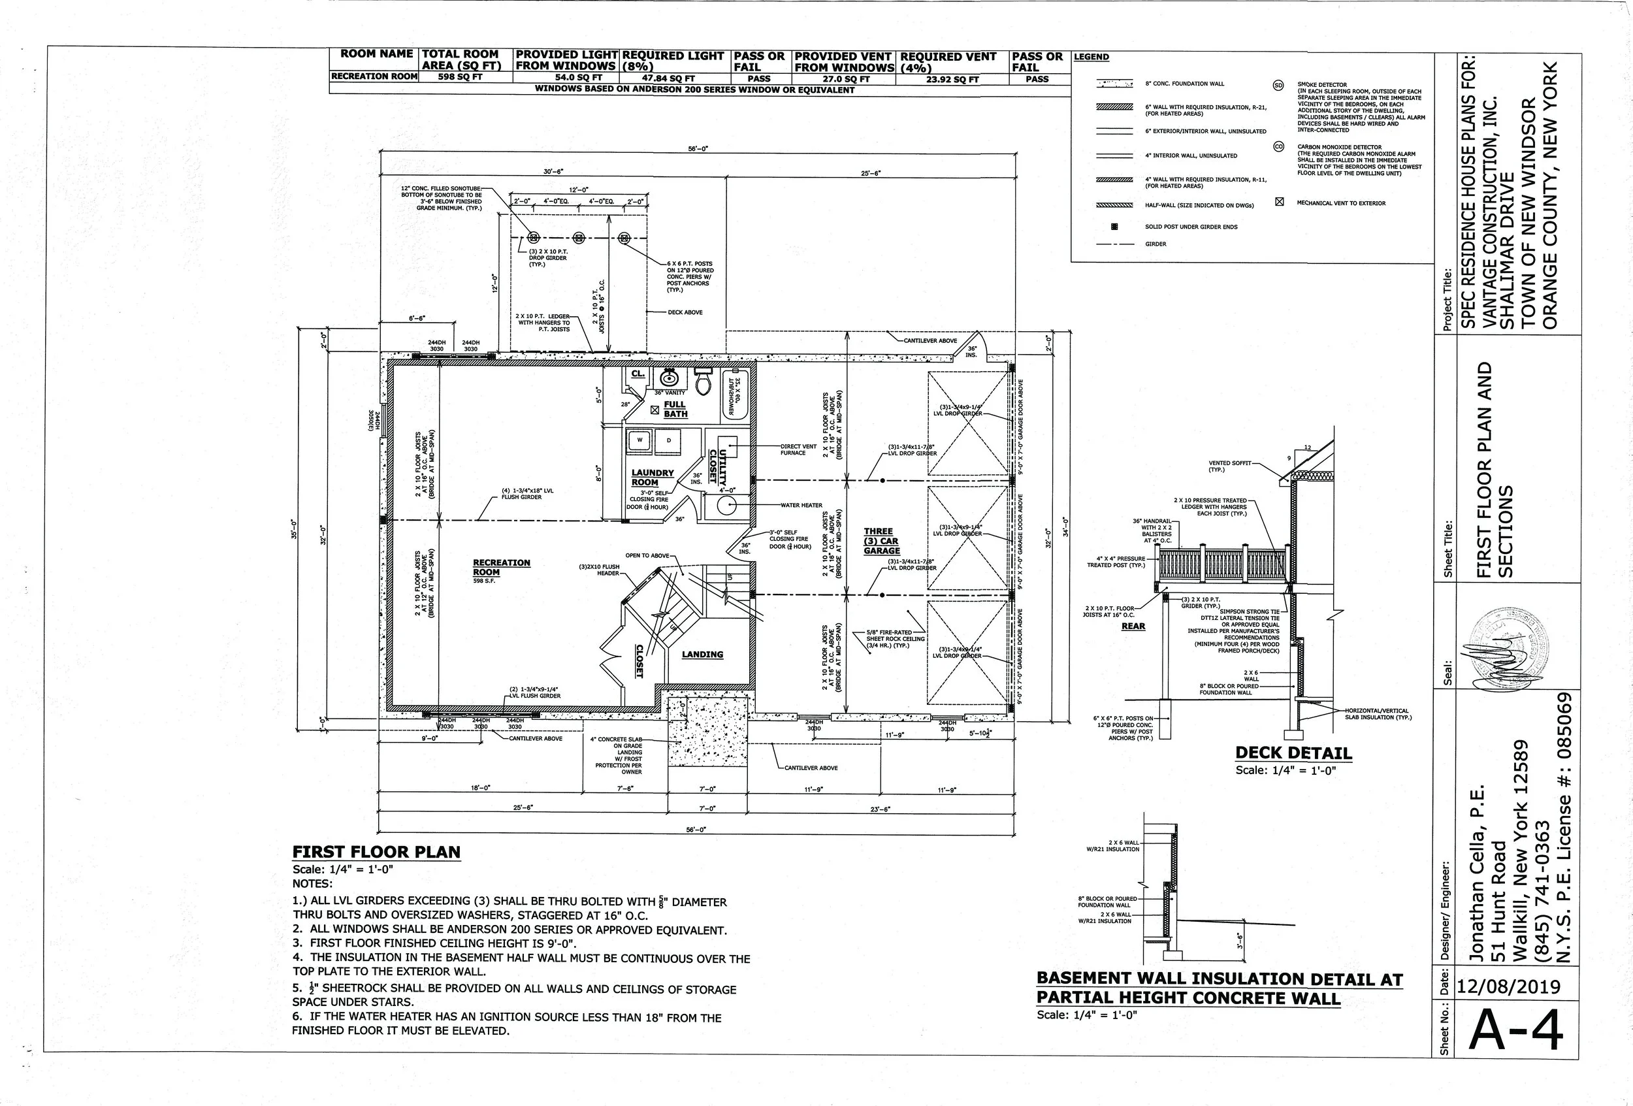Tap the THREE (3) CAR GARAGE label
point(881,541)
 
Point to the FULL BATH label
point(675,409)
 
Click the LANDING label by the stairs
point(702,654)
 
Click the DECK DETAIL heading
point(1293,753)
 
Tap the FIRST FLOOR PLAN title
point(376,852)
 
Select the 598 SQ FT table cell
point(461,77)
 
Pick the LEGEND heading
point(1091,57)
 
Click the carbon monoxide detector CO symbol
point(1278,147)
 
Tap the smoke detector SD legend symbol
point(1278,85)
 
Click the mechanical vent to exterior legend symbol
point(1279,203)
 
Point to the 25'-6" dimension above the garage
point(870,172)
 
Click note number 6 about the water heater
point(506,1024)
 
